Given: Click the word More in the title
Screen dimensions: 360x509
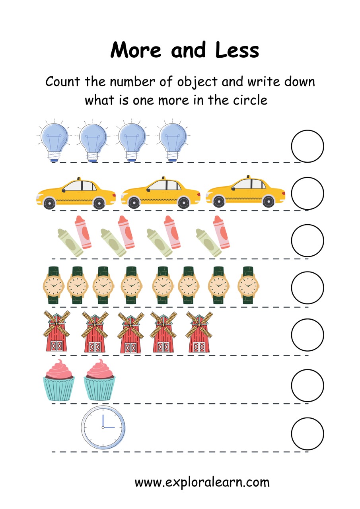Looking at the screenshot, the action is click(x=136, y=50).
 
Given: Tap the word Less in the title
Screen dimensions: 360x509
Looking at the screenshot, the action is click(x=237, y=50).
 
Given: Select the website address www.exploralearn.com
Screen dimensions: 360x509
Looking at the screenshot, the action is click(x=202, y=482).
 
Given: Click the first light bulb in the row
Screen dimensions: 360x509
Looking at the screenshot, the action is click(x=54, y=140).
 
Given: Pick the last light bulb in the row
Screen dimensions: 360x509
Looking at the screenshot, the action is click(x=173, y=140).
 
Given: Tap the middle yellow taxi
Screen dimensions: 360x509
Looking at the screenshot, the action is click(x=161, y=193).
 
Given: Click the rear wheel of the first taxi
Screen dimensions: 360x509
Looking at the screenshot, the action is click(x=99, y=203).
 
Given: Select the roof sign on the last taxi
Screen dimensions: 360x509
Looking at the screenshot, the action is click(x=248, y=177).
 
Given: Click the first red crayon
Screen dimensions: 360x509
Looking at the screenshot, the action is click(x=83, y=232).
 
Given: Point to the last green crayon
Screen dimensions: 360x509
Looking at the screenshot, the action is click(x=208, y=243).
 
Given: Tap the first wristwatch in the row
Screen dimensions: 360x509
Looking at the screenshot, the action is click(x=53, y=285).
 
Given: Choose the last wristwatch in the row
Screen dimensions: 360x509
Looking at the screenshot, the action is click(x=248, y=285).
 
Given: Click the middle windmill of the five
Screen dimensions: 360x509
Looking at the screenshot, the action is click(x=131, y=332).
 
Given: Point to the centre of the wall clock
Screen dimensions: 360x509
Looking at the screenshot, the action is click(x=103, y=427).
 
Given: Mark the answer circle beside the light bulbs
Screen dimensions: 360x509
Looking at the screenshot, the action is click(x=307, y=146).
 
